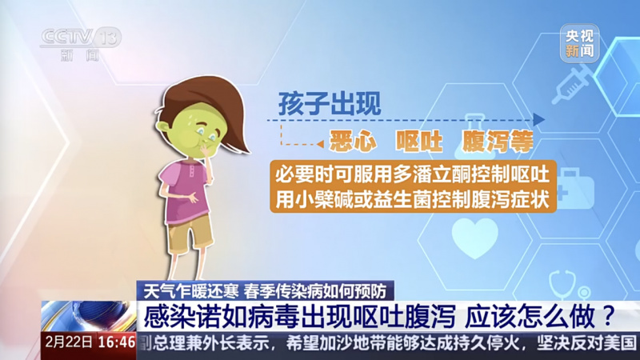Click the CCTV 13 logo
pyautogui.click(x=81, y=44)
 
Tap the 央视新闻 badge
pyautogui.click(x=579, y=43)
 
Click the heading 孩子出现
pyautogui.click(x=330, y=104)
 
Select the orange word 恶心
pyautogui.click(x=353, y=142)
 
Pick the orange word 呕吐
pyautogui.click(x=418, y=142)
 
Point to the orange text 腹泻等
pyautogui.click(x=498, y=142)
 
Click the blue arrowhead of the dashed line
pyautogui.click(x=538, y=120)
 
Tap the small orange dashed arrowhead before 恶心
pyautogui.click(x=321, y=144)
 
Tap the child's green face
pyautogui.click(x=192, y=131)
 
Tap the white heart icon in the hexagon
pyautogui.click(x=474, y=238)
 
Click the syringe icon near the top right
pyautogui.click(x=571, y=83)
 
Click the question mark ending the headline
pyautogui.click(x=608, y=316)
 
